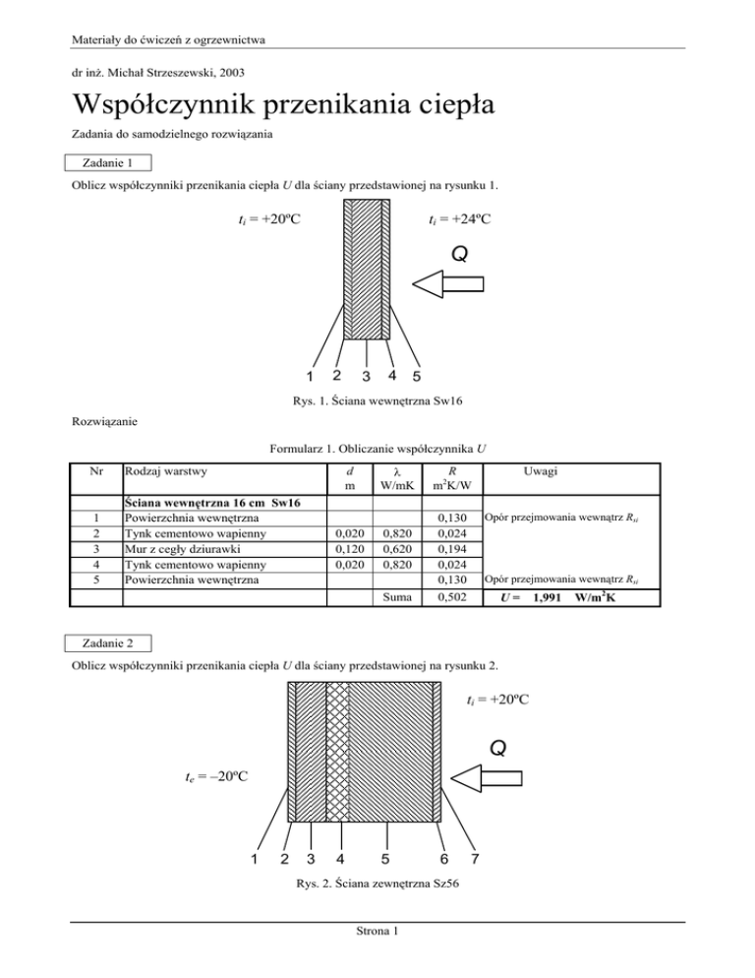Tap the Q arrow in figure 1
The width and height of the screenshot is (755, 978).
pyautogui.click(x=448, y=284)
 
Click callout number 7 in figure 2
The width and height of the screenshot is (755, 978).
pyautogui.click(x=476, y=858)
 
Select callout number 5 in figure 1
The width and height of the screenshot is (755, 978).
pyautogui.click(x=417, y=377)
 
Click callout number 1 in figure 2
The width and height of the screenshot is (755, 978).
pyautogui.click(x=254, y=858)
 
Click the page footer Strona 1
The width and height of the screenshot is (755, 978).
pyautogui.click(x=377, y=960)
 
